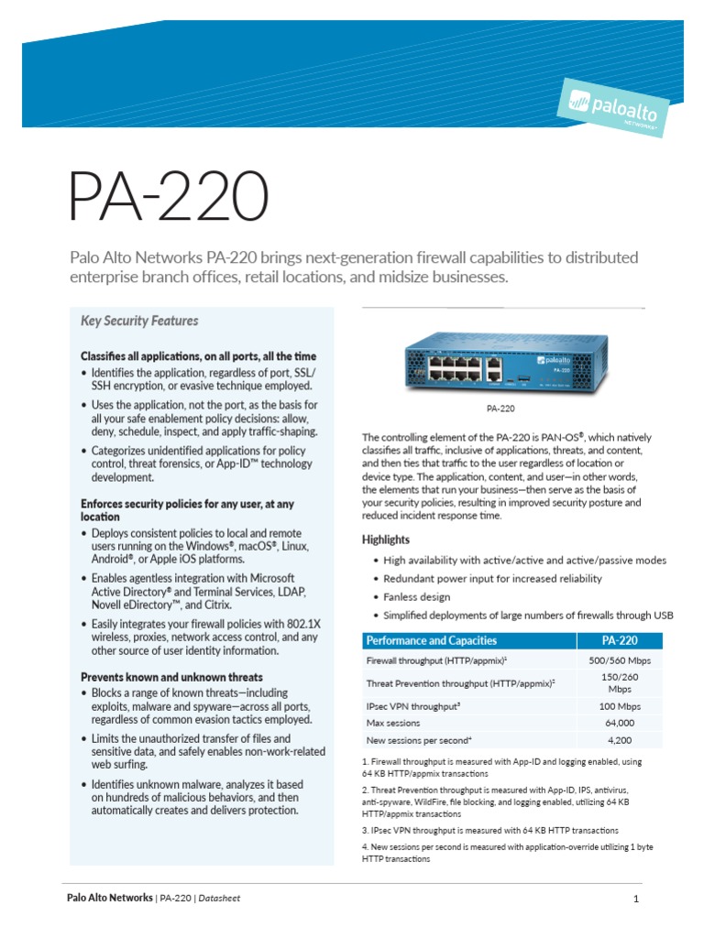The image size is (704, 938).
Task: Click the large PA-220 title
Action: (x=170, y=195)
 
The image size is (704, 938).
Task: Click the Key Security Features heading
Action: (x=139, y=321)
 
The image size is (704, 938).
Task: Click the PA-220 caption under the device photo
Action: (x=500, y=409)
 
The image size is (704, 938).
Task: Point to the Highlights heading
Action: (x=386, y=540)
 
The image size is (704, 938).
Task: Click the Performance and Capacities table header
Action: (x=431, y=640)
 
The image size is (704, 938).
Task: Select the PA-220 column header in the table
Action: (x=619, y=640)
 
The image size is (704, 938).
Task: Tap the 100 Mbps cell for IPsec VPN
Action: (x=619, y=706)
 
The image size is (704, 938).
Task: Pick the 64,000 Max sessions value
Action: (x=619, y=723)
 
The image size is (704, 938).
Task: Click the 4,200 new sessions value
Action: (x=619, y=739)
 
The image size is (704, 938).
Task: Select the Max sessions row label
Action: (x=393, y=723)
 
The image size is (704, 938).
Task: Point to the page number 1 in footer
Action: (x=635, y=899)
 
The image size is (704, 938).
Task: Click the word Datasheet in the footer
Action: (x=219, y=898)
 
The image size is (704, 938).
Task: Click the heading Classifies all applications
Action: (x=198, y=355)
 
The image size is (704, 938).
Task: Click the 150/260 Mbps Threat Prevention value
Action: (x=619, y=682)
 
